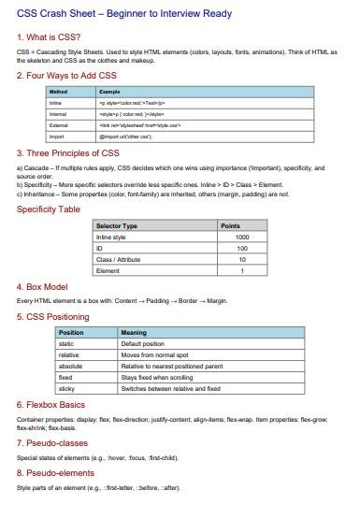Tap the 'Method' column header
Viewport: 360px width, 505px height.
(x=59, y=92)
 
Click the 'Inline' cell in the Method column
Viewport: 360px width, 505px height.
(x=57, y=102)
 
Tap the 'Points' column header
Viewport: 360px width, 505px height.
(x=229, y=226)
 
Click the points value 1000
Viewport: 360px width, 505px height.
(x=242, y=238)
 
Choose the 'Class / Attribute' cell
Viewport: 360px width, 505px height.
(x=120, y=259)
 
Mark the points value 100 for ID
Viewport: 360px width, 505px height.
(x=242, y=249)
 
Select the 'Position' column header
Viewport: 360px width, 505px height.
(x=71, y=332)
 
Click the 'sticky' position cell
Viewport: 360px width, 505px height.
(x=67, y=387)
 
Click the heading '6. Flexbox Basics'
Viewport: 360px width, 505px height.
(x=61, y=405)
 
